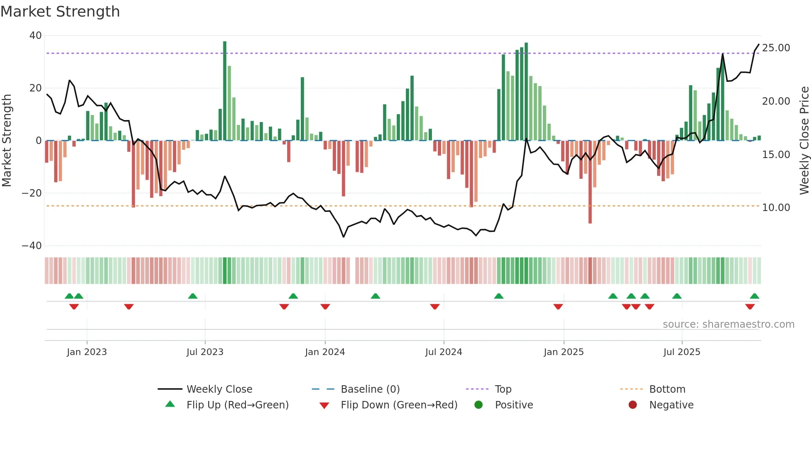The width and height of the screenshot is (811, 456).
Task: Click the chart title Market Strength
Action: click(x=60, y=12)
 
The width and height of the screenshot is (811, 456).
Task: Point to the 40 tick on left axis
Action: click(x=36, y=36)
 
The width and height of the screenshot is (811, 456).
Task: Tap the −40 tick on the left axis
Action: click(x=32, y=246)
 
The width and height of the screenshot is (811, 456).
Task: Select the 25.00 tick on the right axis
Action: click(x=776, y=48)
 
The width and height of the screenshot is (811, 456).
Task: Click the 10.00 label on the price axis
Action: click(x=776, y=208)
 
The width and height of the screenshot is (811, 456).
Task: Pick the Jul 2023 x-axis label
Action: click(x=205, y=352)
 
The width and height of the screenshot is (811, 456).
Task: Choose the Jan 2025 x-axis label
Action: click(x=564, y=352)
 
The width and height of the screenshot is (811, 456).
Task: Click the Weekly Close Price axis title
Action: click(x=804, y=141)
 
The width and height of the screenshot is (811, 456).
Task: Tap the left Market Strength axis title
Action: click(x=7, y=141)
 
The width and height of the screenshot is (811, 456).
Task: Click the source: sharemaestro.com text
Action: click(x=728, y=324)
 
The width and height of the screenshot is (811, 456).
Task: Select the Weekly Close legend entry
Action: click(x=219, y=389)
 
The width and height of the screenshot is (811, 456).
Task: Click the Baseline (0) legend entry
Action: click(x=370, y=389)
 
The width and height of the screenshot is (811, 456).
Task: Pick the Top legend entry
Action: click(x=503, y=389)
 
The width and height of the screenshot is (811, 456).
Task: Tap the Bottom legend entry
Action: click(x=667, y=389)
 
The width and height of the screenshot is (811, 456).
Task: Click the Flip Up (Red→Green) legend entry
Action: click(x=237, y=405)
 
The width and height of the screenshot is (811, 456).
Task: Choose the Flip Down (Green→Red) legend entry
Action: click(x=399, y=405)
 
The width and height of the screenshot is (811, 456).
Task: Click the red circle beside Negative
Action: click(x=633, y=405)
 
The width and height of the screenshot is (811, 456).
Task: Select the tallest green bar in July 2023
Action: click(x=225, y=91)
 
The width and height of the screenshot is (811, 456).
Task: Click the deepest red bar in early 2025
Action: click(x=590, y=182)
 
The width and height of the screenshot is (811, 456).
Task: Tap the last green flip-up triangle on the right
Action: click(x=754, y=296)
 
